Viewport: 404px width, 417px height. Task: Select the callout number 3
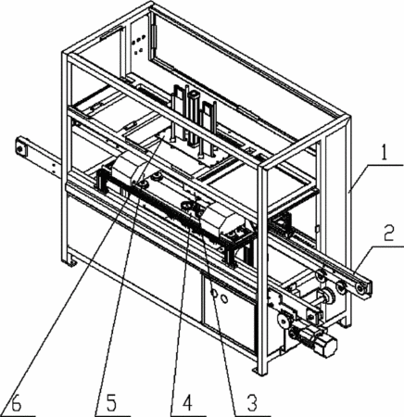(x=252, y=403)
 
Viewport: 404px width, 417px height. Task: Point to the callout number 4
(x=187, y=403)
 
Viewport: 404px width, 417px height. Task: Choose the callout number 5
(x=111, y=403)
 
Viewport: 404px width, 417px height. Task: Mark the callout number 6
(x=16, y=403)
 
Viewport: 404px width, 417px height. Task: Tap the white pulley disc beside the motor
(x=282, y=322)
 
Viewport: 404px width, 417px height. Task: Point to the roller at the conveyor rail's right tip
(x=360, y=289)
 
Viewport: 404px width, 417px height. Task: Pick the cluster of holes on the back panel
(x=138, y=44)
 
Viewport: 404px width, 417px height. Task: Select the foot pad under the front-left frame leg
(x=70, y=263)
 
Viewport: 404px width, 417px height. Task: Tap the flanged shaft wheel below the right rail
(x=329, y=297)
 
